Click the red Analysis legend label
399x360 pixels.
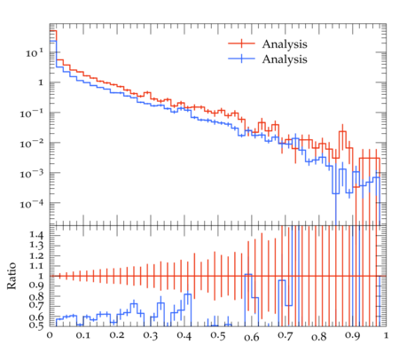coord(285,44)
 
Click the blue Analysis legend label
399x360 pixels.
coord(285,59)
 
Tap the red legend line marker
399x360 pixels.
coord(241,43)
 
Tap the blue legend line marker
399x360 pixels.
coord(241,59)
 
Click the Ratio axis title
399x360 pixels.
coord(12,276)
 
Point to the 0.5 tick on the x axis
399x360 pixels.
coord(218,336)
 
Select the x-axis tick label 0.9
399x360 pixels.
coord(353,336)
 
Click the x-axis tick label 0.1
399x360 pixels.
coord(83,336)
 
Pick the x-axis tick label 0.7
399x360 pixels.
coord(286,336)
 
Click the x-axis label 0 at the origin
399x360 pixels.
coord(50,336)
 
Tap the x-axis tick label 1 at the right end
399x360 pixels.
coord(386,336)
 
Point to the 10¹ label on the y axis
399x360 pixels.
coord(35,53)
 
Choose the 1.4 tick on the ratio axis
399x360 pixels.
coord(36,236)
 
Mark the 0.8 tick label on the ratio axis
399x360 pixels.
coord(36,296)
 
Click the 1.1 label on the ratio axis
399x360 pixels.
coord(36,266)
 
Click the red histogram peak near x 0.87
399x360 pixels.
coord(342,132)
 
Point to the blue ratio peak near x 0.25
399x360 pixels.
coord(134,303)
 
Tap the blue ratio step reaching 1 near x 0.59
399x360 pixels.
coord(248,274)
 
